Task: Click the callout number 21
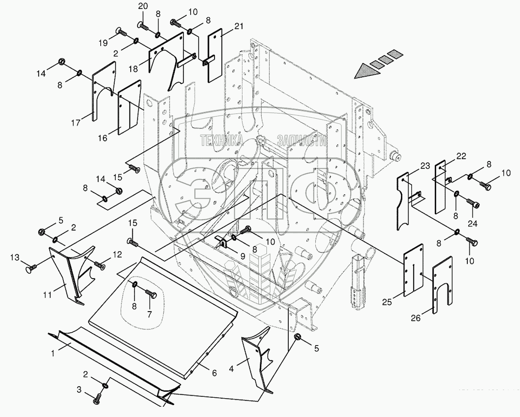tap(239, 27)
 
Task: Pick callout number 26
tap(415, 318)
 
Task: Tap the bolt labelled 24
tap(472, 203)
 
